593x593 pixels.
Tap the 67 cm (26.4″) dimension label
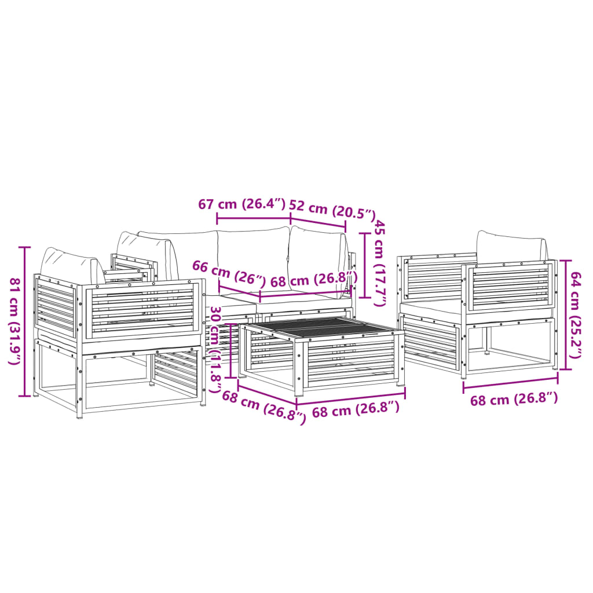[x=242, y=204]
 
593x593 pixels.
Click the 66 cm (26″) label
[x=228, y=274]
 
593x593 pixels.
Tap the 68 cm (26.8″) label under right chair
[x=514, y=399]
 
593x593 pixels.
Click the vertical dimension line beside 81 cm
[x=24, y=322]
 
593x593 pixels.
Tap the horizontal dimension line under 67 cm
[x=253, y=218]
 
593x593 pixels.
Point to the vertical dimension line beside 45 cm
[x=364, y=265]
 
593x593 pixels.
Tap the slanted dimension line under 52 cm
[x=318, y=225]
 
